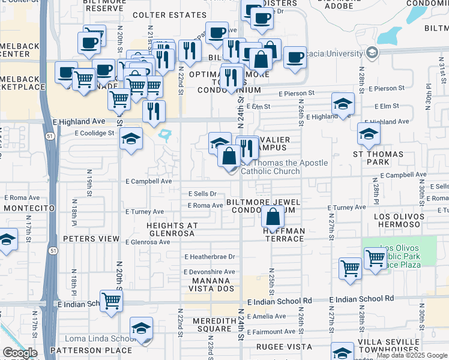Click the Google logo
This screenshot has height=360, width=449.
coord(20,353)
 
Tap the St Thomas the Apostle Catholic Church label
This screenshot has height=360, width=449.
coord(285,167)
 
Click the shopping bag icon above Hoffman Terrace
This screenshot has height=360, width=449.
coord(273,217)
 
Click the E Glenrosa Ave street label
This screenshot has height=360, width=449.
coord(148,242)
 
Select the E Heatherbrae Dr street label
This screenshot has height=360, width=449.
coord(209,257)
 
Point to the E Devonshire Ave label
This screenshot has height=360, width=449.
coord(209,272)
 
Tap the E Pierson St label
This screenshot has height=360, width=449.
coord(297,94)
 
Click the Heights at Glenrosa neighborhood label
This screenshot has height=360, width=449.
coord(172,230)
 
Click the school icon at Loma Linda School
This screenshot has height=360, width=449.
coord(142,328)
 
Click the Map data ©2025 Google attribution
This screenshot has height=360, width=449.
coord(411,355)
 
